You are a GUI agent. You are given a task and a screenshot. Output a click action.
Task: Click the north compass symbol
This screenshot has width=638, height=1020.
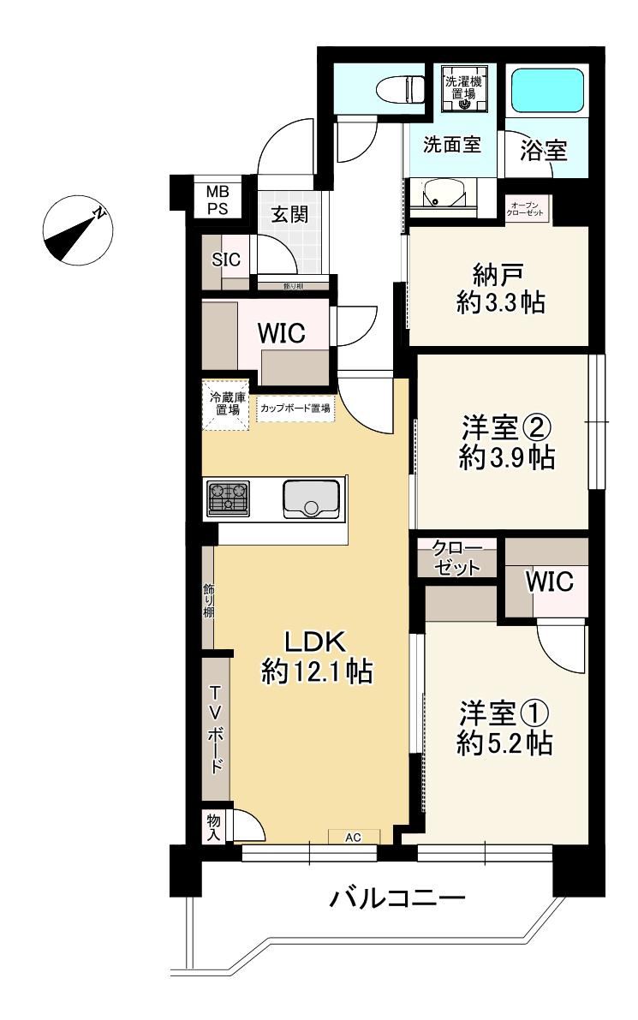point(78,230)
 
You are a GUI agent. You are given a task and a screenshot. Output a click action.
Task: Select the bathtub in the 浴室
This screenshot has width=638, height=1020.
point(547,90)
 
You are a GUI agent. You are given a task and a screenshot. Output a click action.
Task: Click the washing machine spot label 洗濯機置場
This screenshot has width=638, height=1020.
point(463,87)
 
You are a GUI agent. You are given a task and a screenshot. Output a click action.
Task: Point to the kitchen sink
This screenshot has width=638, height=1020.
point(311,499)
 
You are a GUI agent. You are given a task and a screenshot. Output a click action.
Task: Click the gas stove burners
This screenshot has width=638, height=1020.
point(229,498)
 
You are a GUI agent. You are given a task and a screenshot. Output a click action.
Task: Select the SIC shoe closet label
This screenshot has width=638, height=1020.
point(226,259)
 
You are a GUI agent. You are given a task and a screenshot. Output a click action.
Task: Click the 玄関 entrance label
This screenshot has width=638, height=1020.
point(289,213)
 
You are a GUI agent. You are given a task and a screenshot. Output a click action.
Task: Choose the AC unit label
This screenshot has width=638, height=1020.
point(353,838)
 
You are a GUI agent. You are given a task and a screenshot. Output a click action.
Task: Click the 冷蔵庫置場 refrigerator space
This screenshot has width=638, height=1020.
point(225,404)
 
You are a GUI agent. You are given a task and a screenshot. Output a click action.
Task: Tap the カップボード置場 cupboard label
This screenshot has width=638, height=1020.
point(295,409)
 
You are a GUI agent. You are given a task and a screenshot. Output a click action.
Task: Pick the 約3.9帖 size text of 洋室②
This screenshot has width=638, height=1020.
point(507,458)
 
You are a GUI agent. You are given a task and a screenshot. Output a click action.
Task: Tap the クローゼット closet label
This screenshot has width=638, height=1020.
point(457,558)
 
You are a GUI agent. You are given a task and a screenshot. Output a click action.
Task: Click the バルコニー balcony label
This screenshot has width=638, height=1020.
point(397,898)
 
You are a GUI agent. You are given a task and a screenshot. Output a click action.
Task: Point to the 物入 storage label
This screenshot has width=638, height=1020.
point(214,826)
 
